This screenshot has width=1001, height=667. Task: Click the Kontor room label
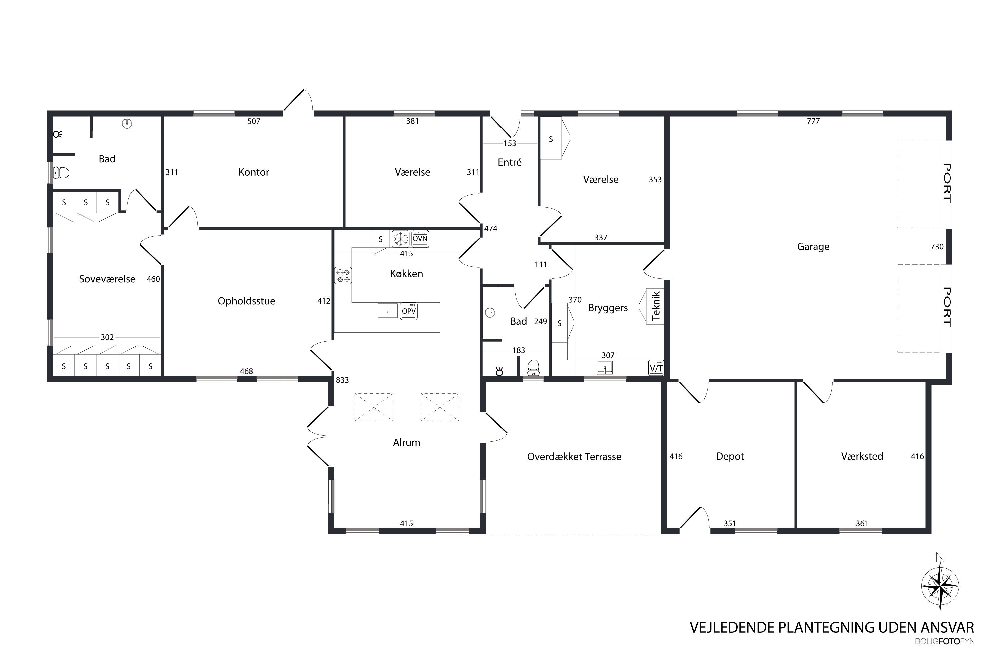click(x=254, y=172)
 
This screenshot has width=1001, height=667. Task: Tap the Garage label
click(x=813, y=247)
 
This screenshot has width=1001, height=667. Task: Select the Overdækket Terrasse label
click(x=574, y=457)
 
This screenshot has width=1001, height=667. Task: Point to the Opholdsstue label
click(x=247, y=301)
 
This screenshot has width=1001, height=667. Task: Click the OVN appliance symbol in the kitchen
click(x=420, y=239)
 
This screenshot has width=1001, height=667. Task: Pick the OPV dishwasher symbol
click(x=408, y=311)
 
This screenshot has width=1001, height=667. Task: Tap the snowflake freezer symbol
click(x=400, y=239)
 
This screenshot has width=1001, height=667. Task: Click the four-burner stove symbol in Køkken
click(x=343, y=276)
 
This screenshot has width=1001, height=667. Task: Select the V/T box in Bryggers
click(x=656, y=368)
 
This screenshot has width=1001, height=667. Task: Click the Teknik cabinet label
click(x=655, y=306)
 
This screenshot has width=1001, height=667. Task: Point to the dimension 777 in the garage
click(x=813, y=121)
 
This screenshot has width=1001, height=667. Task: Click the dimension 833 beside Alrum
click(x=342, y=380)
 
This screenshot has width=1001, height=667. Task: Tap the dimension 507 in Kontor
click(x=254, y=122)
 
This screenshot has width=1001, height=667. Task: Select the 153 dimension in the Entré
click(x=510, y=143)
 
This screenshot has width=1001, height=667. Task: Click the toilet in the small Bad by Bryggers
click(x=533, y=368)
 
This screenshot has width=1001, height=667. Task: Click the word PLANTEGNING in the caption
click(x=848, y=627)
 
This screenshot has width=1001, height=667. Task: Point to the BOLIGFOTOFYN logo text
click(x=944, y=641)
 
